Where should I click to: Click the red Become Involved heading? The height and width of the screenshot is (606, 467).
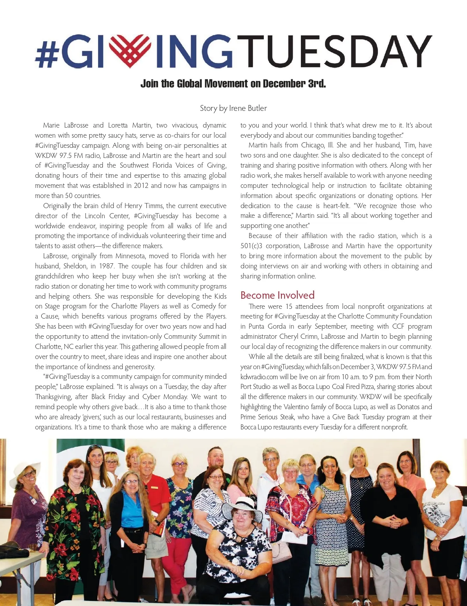pyautogui.click(x=277, y=295)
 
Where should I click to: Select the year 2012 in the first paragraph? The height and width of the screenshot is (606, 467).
pyautogui.click(x=141, y=186)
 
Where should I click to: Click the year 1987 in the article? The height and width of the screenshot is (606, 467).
pyautogui.click(x=106, y=266)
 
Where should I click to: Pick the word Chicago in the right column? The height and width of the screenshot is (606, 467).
pyautogui.click(x=313, y=145)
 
